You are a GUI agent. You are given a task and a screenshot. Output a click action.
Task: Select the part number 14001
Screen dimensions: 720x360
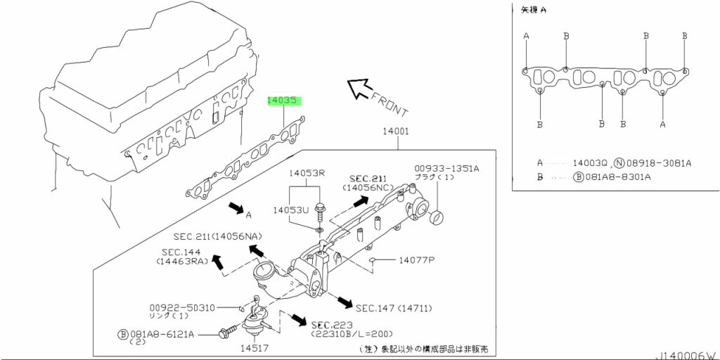396,132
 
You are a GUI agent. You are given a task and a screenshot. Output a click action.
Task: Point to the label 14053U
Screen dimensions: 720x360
291,210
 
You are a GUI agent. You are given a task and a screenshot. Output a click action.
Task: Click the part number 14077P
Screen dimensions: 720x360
416,260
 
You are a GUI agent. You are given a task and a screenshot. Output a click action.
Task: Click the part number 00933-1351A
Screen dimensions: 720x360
446,169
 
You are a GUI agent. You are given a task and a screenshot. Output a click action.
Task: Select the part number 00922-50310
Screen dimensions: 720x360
182,308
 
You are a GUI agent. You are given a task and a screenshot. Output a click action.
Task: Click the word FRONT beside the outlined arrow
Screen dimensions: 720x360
388,105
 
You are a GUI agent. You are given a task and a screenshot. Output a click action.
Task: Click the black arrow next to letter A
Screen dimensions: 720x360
236,208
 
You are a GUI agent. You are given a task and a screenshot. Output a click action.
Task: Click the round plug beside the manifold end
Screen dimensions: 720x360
436,219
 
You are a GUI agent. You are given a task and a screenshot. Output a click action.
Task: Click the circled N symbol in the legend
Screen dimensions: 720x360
619,163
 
